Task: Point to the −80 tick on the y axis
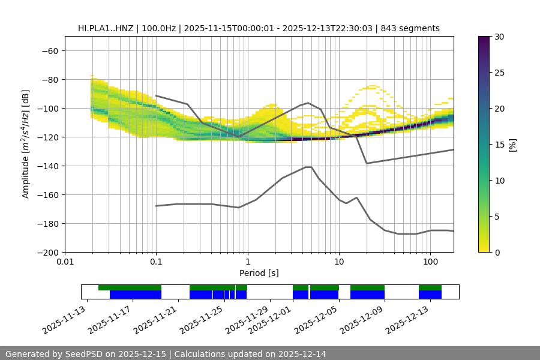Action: click(x=51, y=79)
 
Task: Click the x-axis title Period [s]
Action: click(x=259, y=273)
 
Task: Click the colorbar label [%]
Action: click(x=512, y=144)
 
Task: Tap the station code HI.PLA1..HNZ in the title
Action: click(x=106, y=28)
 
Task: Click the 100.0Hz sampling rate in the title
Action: click(x=160, y=28)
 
